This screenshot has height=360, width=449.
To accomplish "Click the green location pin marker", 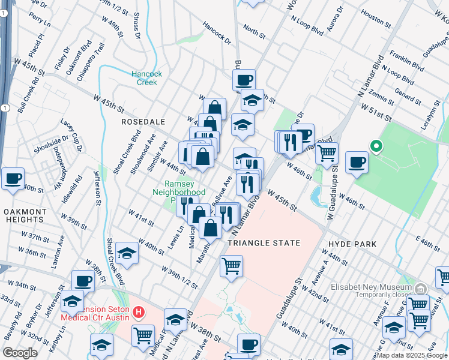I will click(376, 146).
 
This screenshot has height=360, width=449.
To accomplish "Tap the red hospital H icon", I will click(139, 312).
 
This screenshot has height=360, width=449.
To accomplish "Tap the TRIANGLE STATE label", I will click(264, 243).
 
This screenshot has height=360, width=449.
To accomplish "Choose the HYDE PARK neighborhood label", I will click(352, 244).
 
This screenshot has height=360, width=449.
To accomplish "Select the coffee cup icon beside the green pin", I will click(357, 163).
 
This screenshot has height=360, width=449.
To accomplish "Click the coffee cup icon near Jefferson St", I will click(83, 281).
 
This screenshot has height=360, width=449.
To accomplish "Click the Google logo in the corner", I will click(20, 353).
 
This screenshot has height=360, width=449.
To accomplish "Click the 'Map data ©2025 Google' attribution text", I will click(412, 355).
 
